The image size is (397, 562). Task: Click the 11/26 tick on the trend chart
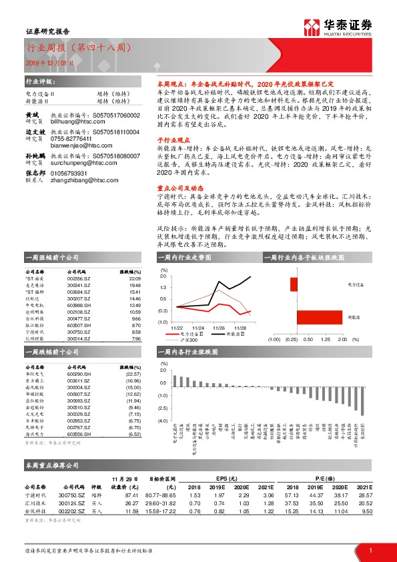pos(219,328)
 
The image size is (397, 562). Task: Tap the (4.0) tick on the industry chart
pos(163,421)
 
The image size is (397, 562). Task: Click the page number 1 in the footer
pos(370,550)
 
